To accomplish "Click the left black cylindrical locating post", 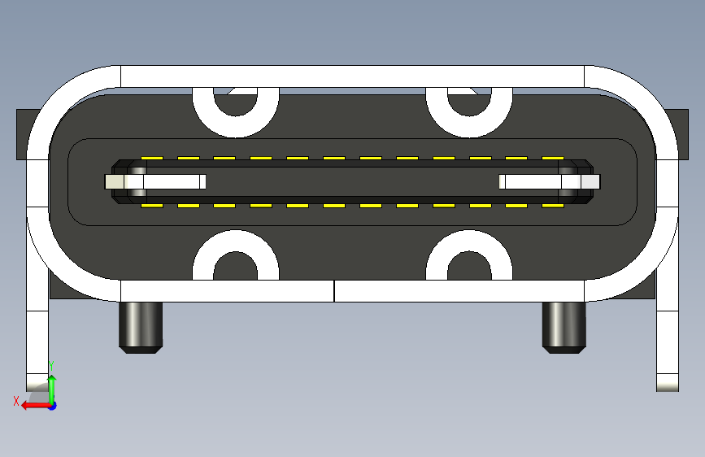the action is pyautogui.click(x=141, y=327).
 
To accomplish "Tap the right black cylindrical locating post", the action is pyautogui.click(x=564, y=327).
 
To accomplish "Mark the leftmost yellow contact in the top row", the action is pyautogui.click(x=151, y=158).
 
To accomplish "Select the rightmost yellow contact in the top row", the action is pyautogui.click(x=554, y=158).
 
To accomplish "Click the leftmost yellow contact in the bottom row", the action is pyautogui.click(x=151, y=206).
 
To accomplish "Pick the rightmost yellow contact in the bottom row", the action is pyautogui.click(x=554, y=206).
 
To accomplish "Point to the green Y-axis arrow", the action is pyautogui.click(x=52, y=385).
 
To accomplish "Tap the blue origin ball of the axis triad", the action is pyautogui.click(x=52, y=405).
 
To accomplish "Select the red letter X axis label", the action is pyautogui.click(x=15, y=401).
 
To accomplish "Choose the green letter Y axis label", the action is pyautogui.click(x=51, y=364).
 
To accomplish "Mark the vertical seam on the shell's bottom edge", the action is pyautogui.click(x=334, y=290).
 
